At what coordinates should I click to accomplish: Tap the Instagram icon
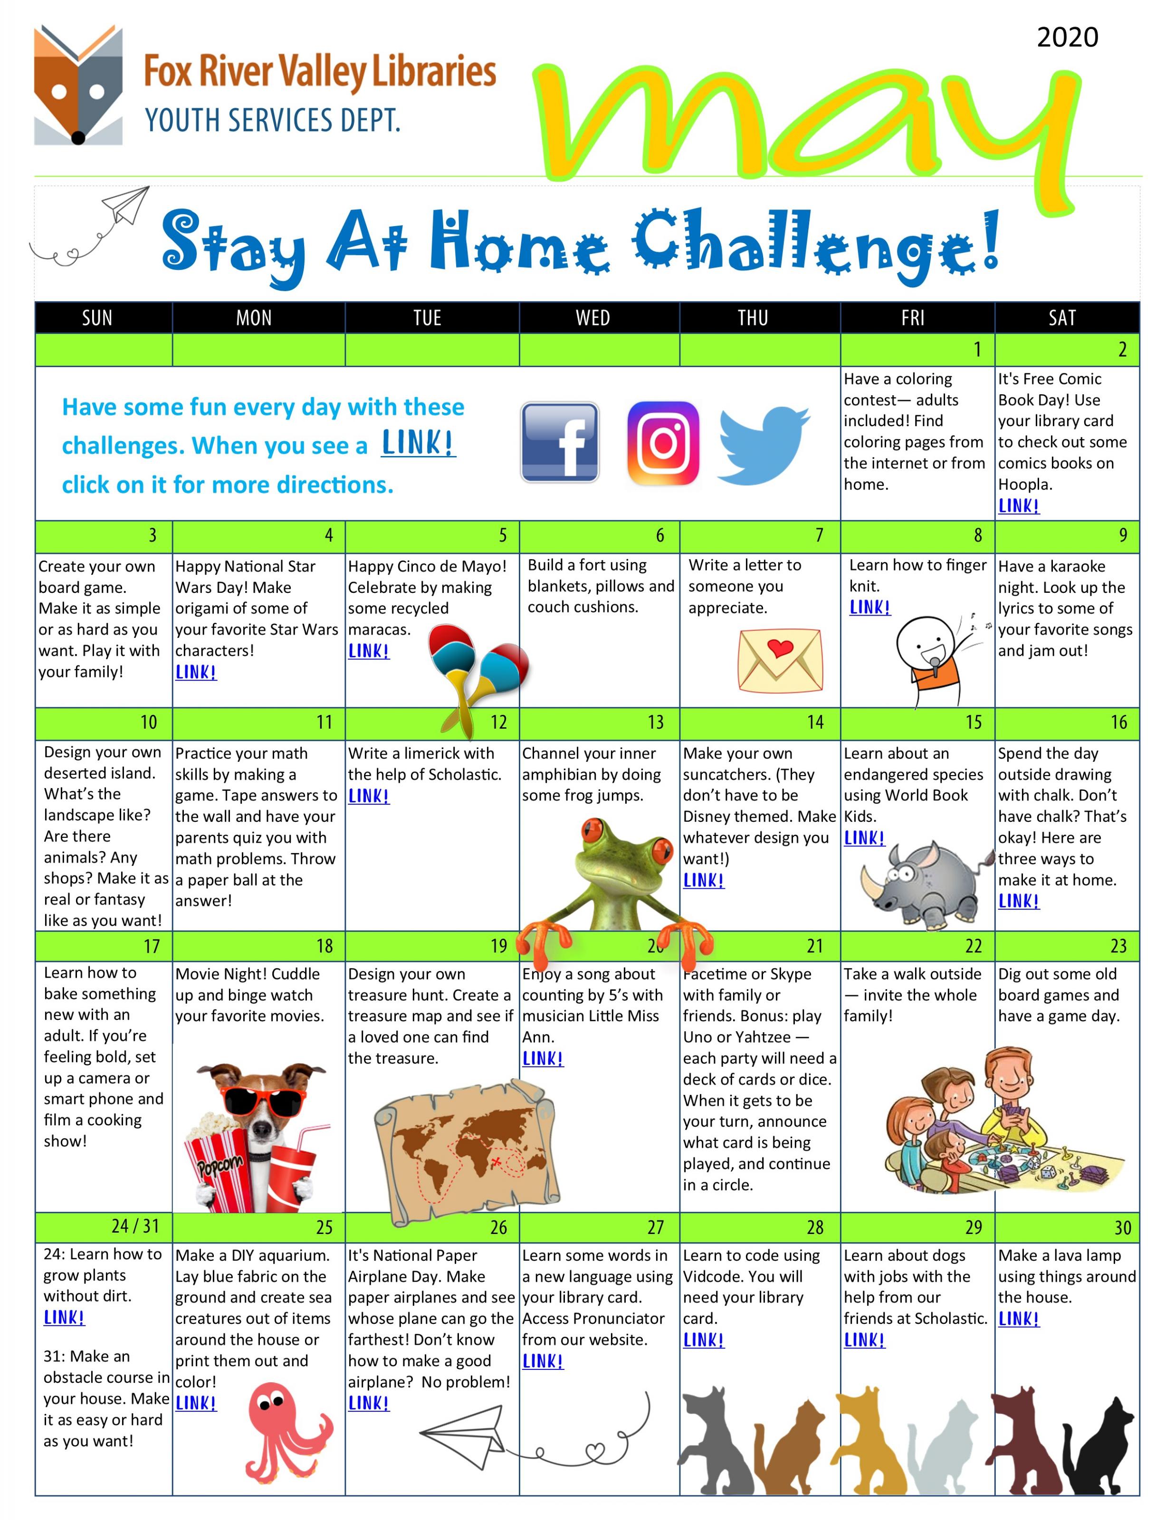point(663,443)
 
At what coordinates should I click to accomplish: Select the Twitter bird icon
point(764,446)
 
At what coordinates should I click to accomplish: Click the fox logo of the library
point(78,85)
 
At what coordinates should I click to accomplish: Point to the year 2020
point(1067,37)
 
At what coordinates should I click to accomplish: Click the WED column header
point(592,318)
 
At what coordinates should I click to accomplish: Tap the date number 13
point(656,722)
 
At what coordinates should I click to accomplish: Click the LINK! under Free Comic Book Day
point(1018,506)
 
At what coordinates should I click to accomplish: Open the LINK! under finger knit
point(869,608)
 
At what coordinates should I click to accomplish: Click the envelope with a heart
point(780,660)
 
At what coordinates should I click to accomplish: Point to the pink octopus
point(289,1432)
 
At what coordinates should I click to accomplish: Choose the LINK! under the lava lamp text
point(1018,1319)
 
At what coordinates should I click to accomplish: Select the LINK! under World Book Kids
point(864,838)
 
